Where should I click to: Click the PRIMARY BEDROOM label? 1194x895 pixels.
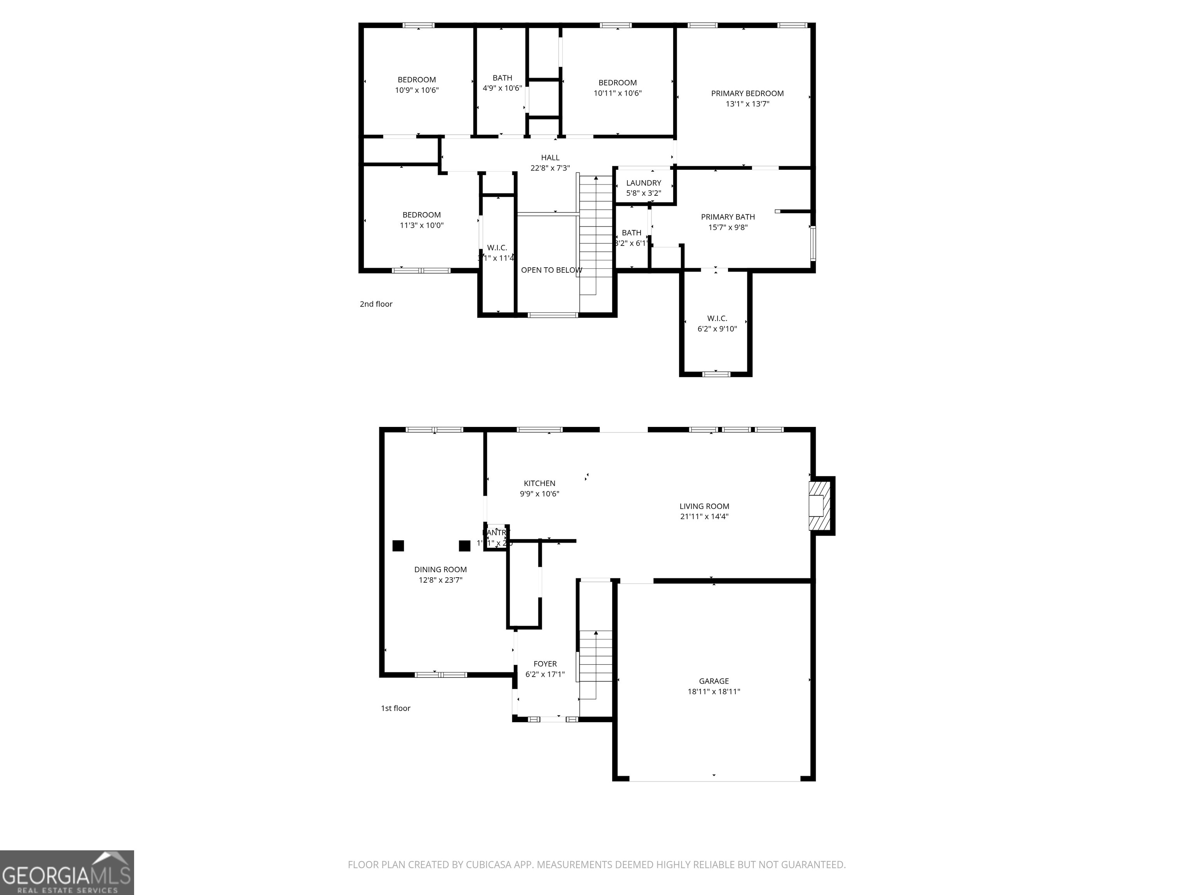[x=747, y=93]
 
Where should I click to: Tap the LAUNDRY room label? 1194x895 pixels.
[x=643, y=183]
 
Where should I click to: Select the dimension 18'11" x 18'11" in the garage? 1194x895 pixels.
[x=714, y=691]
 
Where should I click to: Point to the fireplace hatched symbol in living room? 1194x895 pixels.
[x=819, y=505]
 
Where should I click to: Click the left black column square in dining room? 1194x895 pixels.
[x=398, y=545]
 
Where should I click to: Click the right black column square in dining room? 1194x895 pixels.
[x=464, y=545]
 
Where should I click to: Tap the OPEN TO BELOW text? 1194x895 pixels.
[x=551, y=270]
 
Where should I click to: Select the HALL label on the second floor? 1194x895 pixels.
[x=550, y=158]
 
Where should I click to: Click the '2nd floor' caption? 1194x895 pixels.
[x=376, y=304]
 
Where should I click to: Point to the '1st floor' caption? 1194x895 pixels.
[x=395, y=708]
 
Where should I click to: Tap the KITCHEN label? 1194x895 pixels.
[x=539, y=483]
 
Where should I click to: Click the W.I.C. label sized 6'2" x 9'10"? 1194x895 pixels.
[x=717, y=318]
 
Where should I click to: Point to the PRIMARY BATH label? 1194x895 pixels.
[x=728, y=217]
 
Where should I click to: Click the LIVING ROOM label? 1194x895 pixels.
[x=704, y=506]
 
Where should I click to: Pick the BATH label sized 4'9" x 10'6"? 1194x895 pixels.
[x=502, y=78]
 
